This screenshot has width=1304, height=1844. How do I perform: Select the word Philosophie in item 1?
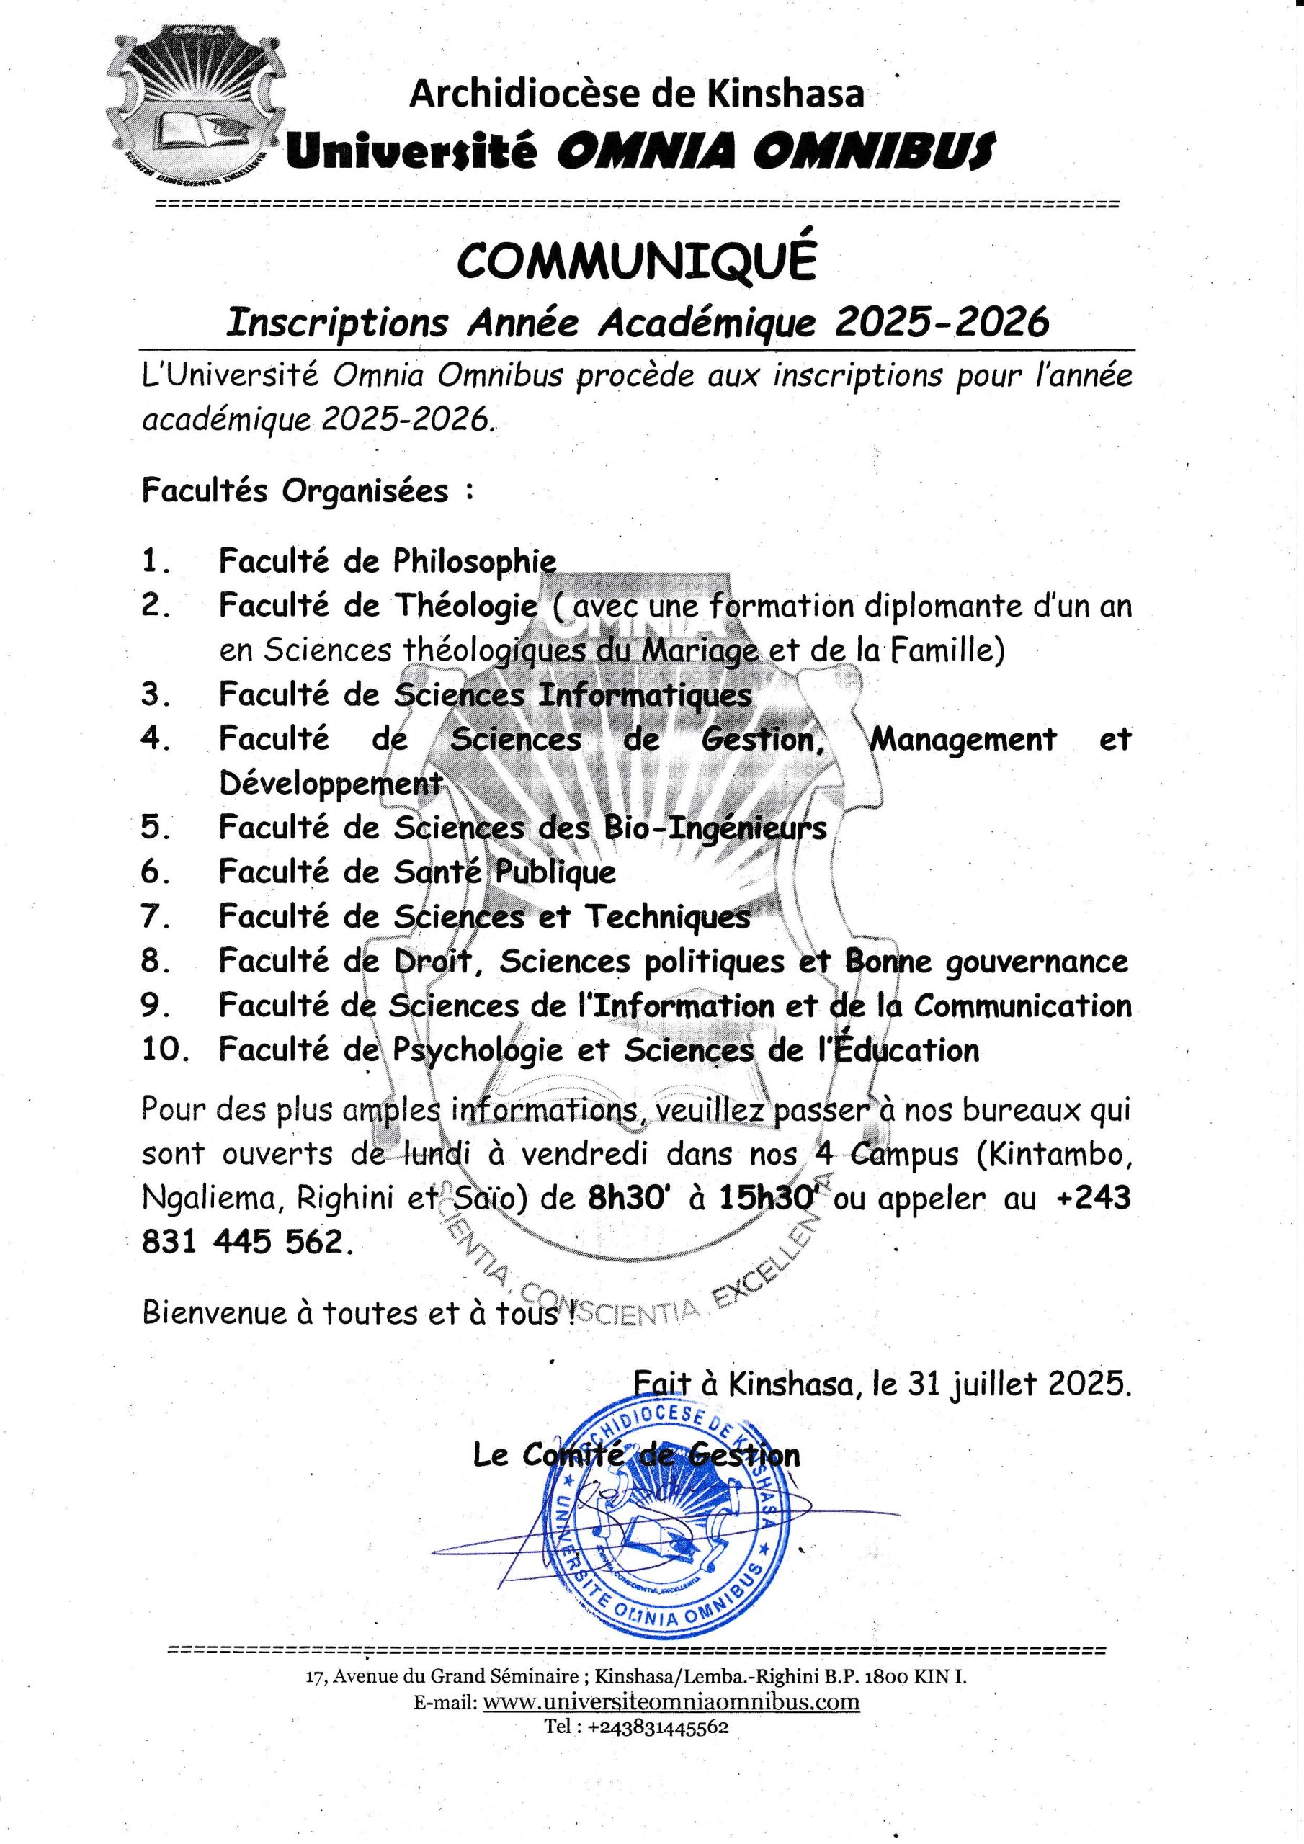(x=475, y=560)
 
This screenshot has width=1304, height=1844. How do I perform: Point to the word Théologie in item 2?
(x=466, y=605)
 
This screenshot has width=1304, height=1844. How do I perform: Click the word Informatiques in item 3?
(x=646, y=694)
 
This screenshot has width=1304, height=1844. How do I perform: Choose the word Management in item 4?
(x=963, y=738)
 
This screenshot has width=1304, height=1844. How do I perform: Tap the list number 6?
(x=155, y=872)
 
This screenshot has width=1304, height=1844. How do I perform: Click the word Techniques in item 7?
(x=667, y=916)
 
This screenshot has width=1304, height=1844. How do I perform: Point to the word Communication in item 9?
(x=1022, y=1006)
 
